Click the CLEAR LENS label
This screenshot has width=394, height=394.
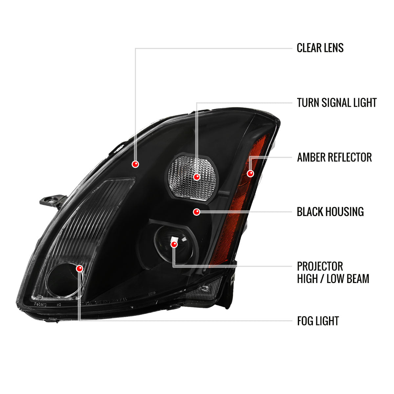tap(320, 48)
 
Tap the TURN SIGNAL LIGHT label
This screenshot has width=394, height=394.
tap(337, 103)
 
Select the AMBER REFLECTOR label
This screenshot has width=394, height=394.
tap(334, 157)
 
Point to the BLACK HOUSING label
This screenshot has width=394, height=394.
tap(330, 212)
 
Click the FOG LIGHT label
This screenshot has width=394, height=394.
tap(318, 321)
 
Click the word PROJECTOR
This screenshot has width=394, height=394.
tap(320, 266)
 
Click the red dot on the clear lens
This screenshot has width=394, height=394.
tap(135, 164)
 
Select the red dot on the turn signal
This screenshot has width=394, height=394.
tap(196, 177)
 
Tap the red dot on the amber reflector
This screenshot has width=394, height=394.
tap(250, 174)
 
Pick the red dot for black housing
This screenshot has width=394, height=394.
tap(196, 212)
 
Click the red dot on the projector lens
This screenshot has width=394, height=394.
tap(174, 244)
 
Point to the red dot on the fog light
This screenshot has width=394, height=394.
tap(79, 269)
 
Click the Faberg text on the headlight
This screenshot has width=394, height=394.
tap(40, 304)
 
